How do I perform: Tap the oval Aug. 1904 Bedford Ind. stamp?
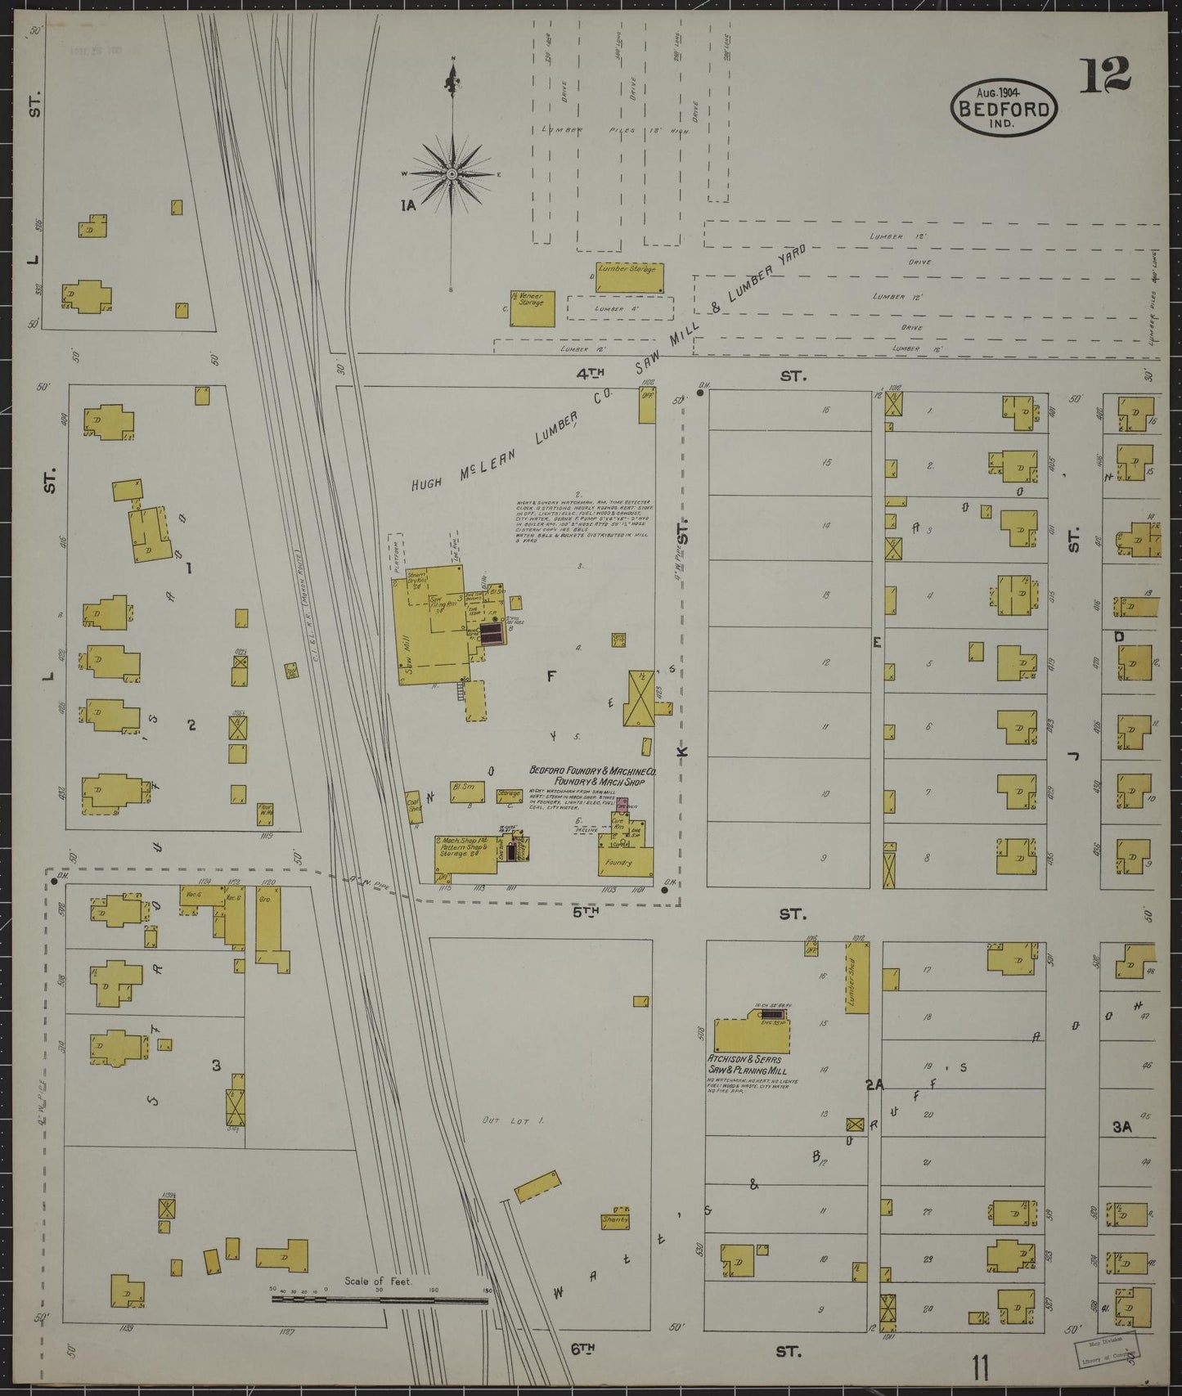1003,107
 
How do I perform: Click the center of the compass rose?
452,174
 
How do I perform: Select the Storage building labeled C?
509,794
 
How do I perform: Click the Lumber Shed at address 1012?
856,978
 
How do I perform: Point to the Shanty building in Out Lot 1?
615,1218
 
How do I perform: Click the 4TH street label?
591,374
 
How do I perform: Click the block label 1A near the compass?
407,205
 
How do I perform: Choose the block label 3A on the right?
1121,1127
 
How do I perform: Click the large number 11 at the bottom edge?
982,1365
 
